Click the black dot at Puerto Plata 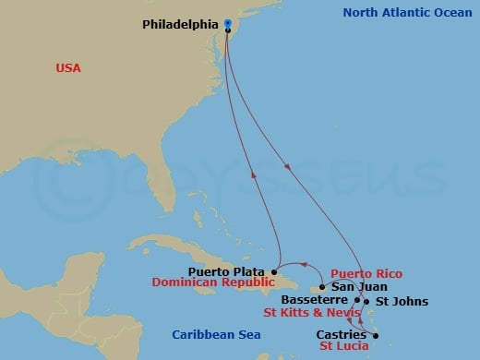click(274, 271)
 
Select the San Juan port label click(352, 287)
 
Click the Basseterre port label click(315, 301)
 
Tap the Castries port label click(341, 334)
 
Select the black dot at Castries click(376, 334)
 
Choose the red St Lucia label click(343, 347)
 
